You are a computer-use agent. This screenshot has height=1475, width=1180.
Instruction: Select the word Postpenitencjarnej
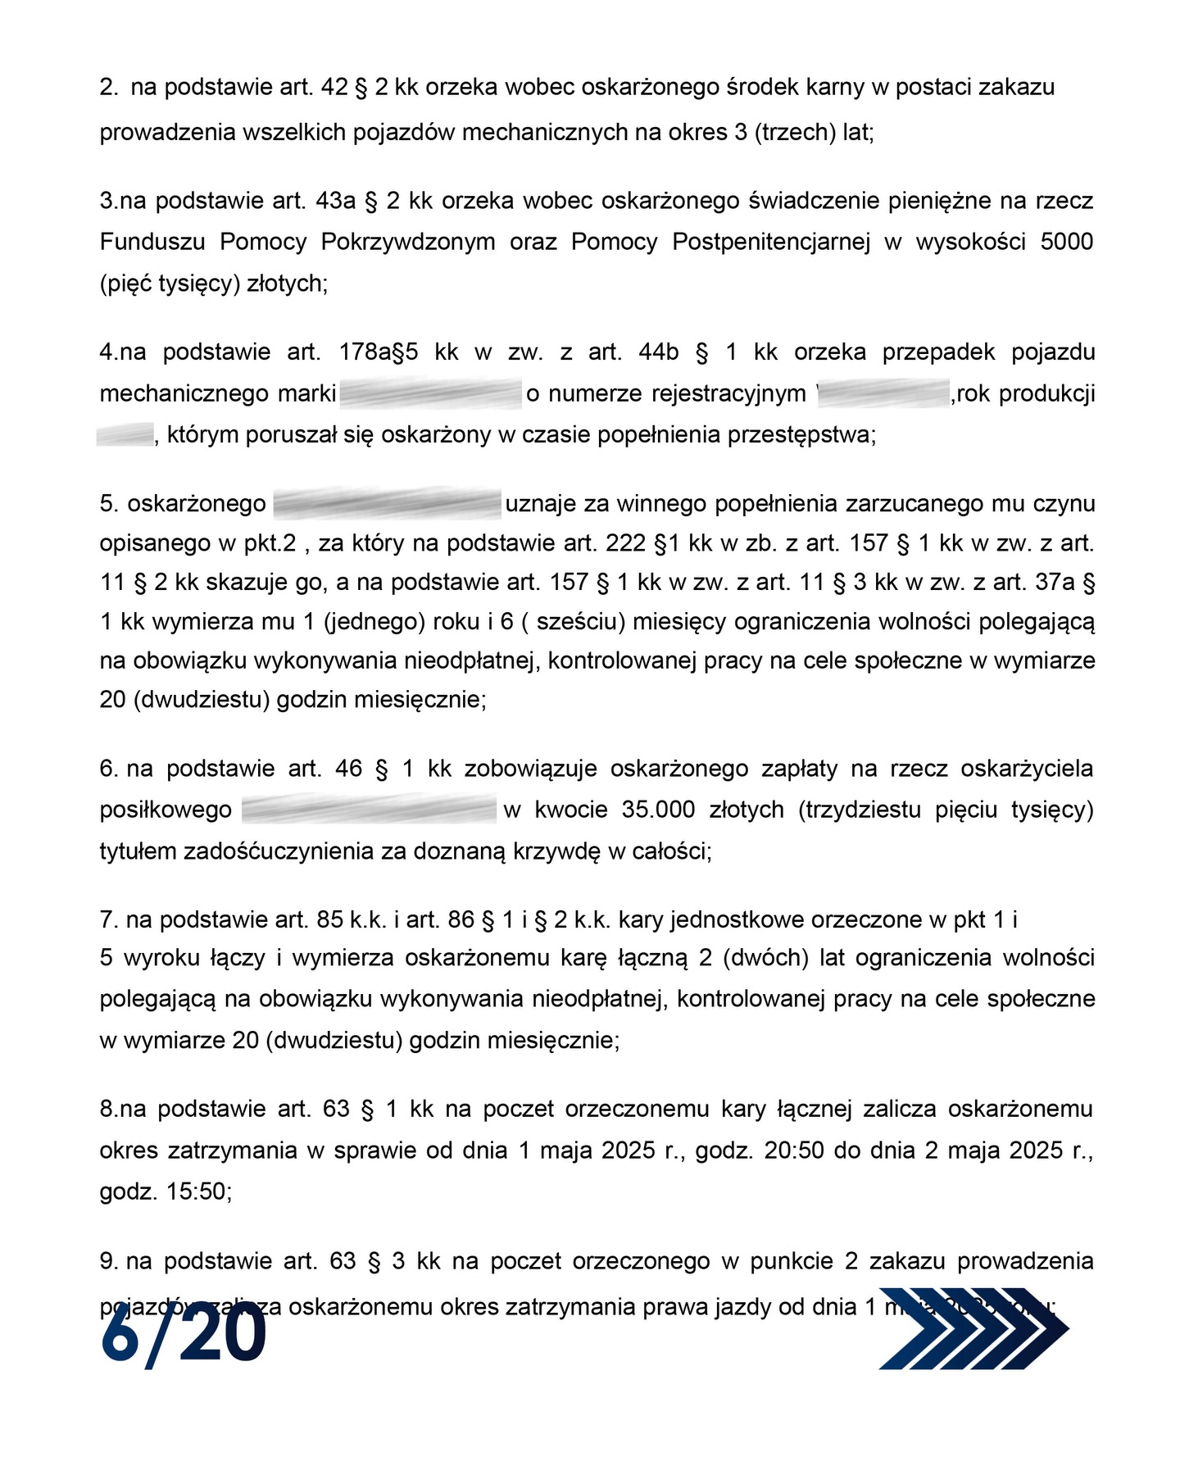click(771, 242)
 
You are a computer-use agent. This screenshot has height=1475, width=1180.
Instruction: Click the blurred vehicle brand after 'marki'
click(430, 393)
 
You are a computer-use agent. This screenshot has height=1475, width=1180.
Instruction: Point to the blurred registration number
click(883, 393)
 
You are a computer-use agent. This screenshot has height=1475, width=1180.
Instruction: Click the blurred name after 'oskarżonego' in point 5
click(386, 502)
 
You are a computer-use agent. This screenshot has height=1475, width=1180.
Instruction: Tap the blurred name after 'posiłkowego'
click(370, 810)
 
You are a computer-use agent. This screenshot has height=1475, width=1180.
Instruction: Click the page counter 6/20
click(184, 1337)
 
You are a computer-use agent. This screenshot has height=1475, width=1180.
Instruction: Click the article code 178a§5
click(379, 352)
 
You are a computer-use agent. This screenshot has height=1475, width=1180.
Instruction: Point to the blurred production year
click(125, 434)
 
